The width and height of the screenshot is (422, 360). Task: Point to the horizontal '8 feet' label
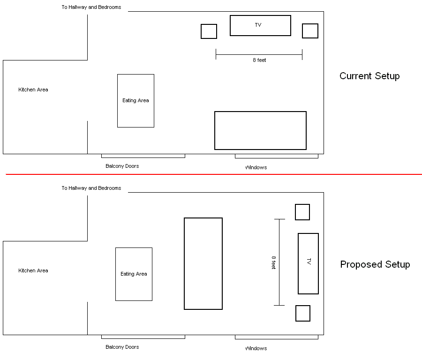point(259,60)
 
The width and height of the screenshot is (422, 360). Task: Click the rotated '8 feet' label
point(274,262)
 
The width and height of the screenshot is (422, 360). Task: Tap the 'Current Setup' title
point(369,76)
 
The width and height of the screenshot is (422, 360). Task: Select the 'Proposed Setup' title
point(375,264)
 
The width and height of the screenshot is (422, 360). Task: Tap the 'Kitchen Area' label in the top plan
point(33,90)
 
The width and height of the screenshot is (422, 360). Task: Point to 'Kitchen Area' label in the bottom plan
point(33,270)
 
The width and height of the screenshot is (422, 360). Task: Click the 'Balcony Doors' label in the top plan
point(122,166)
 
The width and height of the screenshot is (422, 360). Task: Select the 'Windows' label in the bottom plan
point(256,348)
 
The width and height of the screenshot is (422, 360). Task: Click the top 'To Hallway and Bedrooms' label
point(91,7)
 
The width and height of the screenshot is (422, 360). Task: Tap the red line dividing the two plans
point(214,174)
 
